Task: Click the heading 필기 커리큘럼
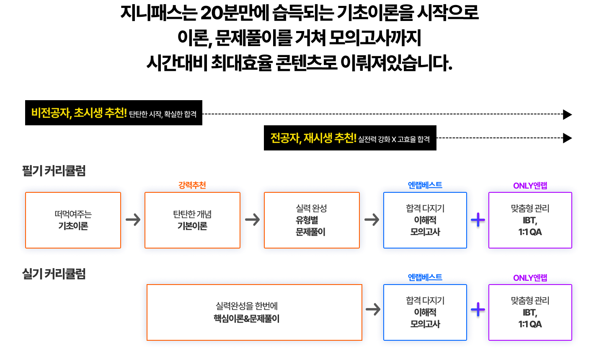coord(54,171)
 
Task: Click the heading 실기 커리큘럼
coord(54,274)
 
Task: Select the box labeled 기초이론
coord(73,220)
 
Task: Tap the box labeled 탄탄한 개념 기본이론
coord(192,220)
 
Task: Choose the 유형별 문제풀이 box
coord(312,220)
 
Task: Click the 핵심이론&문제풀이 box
coord(254,312)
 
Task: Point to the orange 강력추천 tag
coord(192,185)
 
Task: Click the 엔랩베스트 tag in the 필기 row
coord(425,185)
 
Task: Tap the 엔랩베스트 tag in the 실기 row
coord(425,277)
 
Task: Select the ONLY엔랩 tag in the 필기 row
coord(530,186)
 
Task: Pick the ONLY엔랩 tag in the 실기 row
coord(530,278)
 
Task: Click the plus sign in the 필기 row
coord(478,220)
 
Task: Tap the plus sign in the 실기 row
coord(478,310)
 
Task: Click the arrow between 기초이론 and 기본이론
coord(133,220)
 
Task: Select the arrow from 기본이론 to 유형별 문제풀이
coord(252,220)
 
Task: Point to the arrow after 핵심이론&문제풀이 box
coord(373,310)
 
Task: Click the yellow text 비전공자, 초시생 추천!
coord(79,113)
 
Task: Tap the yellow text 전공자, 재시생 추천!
coord(313,138)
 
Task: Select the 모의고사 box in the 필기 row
coord(425,220)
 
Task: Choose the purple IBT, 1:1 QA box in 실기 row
coord(530,312)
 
